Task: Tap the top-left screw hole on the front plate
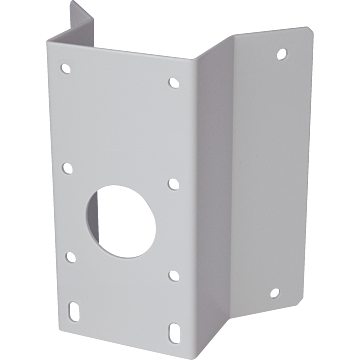point(66,70)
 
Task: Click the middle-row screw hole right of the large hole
point(173,183)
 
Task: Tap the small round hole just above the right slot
point(173,273)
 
